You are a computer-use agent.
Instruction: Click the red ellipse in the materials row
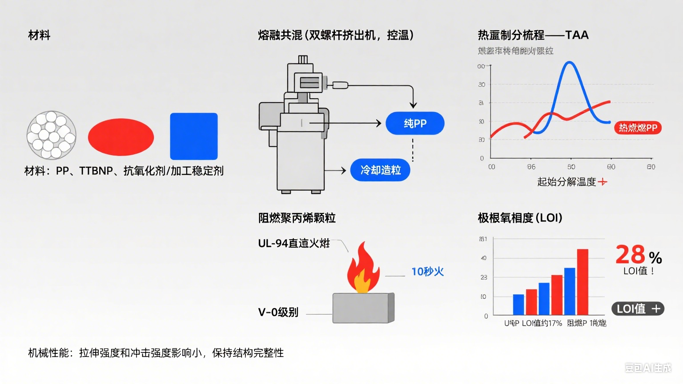(121, 137)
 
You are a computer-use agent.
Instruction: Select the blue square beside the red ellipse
(194, 136)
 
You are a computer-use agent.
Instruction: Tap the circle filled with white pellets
(52, 135)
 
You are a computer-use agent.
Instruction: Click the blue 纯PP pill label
(415, 123)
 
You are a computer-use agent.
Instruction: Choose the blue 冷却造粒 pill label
(380, 170)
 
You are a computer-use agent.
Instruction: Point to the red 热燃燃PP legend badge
(638, 128)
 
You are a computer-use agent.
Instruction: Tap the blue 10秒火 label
(427, 272)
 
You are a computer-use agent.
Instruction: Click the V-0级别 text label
(278, 312)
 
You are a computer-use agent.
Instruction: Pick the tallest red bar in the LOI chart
(583, 282)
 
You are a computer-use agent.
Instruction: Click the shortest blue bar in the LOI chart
(518, 304)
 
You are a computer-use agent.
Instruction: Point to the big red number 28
(630, 255)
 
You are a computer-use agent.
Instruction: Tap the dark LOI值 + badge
(638, 308)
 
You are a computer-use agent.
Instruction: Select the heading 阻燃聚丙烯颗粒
(297, 218)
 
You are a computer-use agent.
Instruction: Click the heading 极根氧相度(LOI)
(520, 218)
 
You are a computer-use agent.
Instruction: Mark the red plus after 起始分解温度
(603, 182)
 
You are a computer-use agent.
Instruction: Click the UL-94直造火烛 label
(294, 243)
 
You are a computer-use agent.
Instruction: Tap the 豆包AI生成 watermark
(648, 368)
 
